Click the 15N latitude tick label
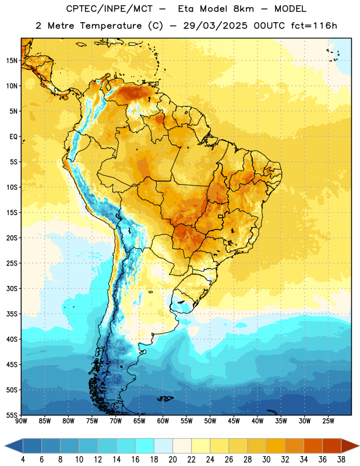11,61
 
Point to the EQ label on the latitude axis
13,137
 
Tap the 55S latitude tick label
11,415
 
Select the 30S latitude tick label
11,288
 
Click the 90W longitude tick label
21,421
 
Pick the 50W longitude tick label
210,421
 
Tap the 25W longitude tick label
328,421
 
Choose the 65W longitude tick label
139,421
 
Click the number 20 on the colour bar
172,460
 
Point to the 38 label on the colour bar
341,460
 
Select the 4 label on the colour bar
23,460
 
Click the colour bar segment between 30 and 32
276,446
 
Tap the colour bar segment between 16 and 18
144,446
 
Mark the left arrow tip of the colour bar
5,446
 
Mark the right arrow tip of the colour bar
359,446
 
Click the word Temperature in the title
111,26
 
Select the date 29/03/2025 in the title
215,26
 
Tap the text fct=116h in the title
314,26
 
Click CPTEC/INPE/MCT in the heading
110,9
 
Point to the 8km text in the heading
243,9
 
